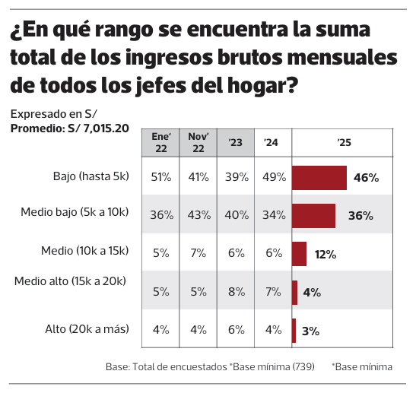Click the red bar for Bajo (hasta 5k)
click(319, 177)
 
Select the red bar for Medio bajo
click(314, 215)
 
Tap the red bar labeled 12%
click(299, 254)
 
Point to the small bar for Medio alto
click(294, 292)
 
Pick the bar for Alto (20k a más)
click(294, 330)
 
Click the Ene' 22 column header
click(160, 142)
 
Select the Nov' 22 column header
click(198, 142)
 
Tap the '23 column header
click(236, 142)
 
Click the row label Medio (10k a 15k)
click(85, 250)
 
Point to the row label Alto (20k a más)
click(87, 329)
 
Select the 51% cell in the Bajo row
click(160, 177)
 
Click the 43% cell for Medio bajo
click(198, 215)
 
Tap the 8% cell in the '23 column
click(236, 292)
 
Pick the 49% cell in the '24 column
click(273, 177)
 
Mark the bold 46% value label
click(366, 178)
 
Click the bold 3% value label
click(310, 331)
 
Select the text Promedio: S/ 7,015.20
click(69, 128)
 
